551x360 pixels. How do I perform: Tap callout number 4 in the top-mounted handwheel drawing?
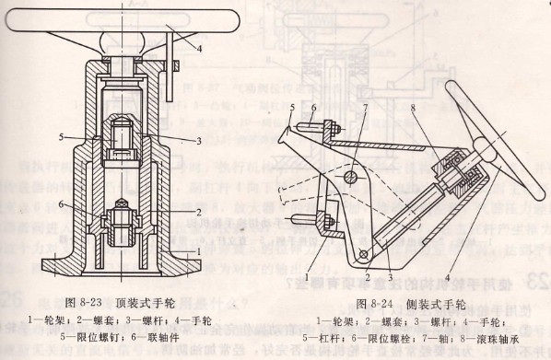pos(199,43)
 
